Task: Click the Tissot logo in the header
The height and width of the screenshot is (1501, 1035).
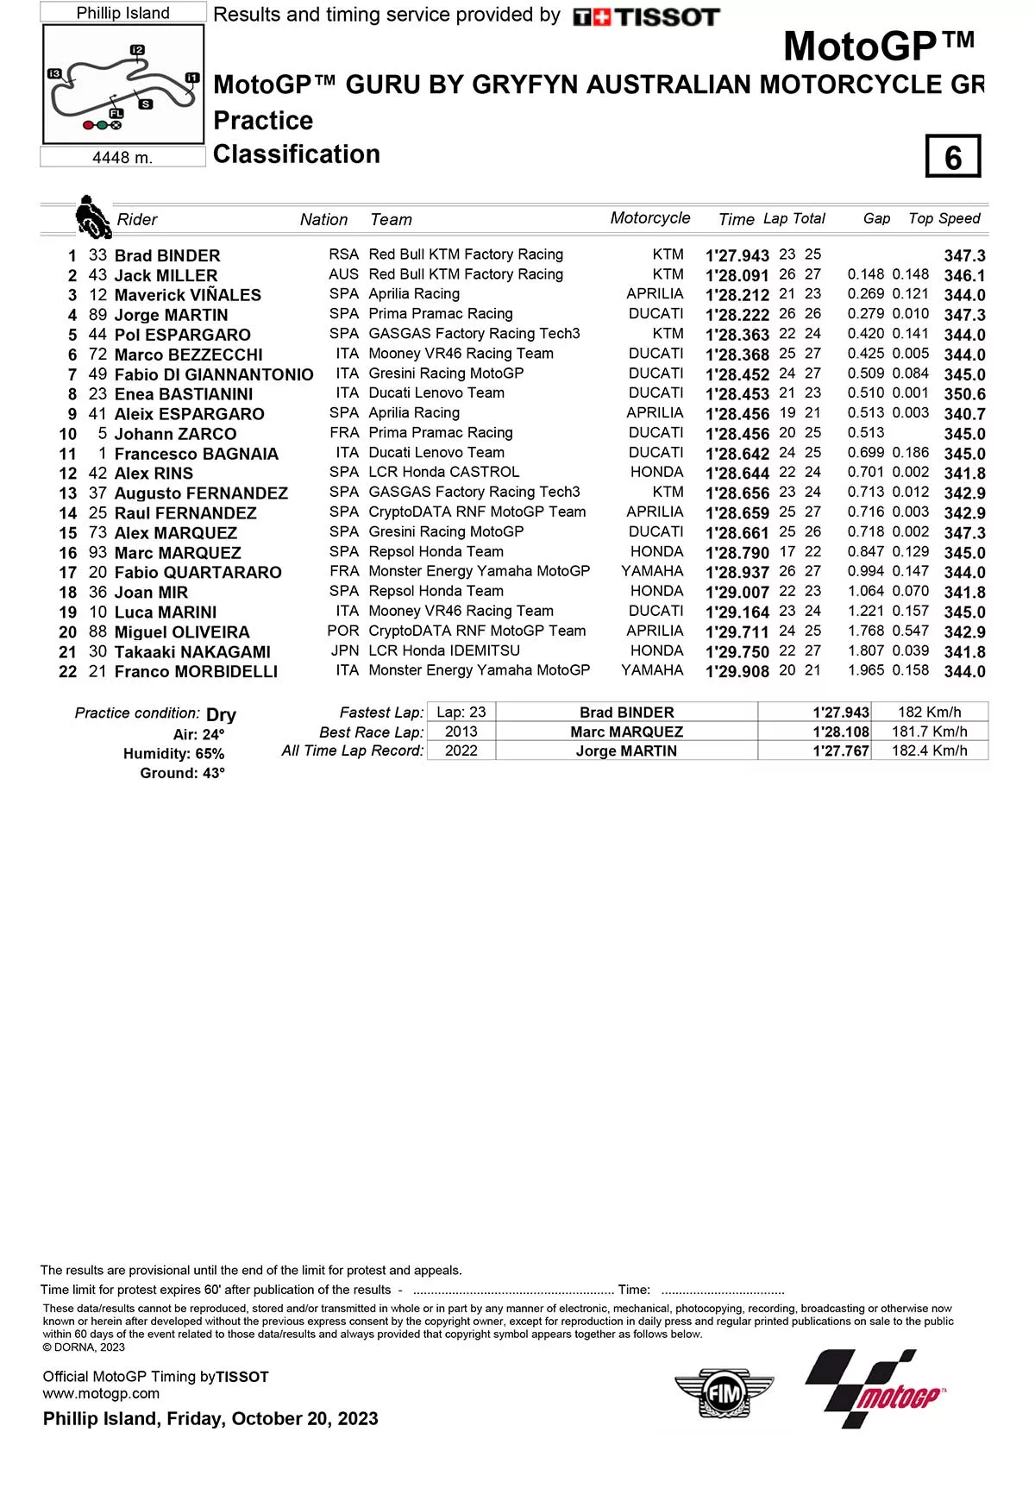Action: pyautogui.click(x=646, y=17)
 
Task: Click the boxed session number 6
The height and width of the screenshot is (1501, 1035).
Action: pyautogui.click(x=952, y=157)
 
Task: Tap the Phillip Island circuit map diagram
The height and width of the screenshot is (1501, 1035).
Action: pyautogui.click(x=123, y=84)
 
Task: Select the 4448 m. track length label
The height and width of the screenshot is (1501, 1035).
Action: pyautogui.click(x=122, y=158)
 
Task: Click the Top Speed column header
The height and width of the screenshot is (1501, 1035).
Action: pyautogui.click(x=944, y=219)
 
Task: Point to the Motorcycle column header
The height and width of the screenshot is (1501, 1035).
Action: pyautogui.click(x=650, y=218)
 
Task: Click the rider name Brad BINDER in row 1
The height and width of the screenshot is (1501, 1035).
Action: pyautogui.click(x=167, y=256)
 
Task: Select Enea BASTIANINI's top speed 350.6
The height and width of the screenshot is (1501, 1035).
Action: pyautogui.click(x=964, y=394)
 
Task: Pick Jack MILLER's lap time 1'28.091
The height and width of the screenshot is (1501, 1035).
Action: pyautogui.click(x=737, y=276)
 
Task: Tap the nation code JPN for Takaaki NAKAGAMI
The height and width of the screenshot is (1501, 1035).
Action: pyautogui.click(x=345, y=651)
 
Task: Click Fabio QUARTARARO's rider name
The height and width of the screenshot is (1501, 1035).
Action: pyautogui.click(x=198, y=573)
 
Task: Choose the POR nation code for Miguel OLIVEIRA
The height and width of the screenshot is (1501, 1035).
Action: pyautogui.click(x=343, y=631)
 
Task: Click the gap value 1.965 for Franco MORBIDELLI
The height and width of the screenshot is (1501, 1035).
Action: pyautogui.click(x=866, y=671)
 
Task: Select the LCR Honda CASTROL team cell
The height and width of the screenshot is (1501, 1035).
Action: pyautogui.click(x=443, y=473)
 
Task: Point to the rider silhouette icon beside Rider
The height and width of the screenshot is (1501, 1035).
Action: pyautogui.click(x=92, y=217)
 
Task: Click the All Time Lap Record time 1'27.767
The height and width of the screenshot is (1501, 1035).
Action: pyautogui.click(x=840, y=751)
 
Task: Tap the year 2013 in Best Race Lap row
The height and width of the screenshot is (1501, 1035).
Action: pyautogui.click(x=461, y=732)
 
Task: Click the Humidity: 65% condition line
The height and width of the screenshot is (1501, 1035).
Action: pyautogui.click(x=173, y=754)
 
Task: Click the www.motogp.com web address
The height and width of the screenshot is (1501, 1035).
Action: pyautogui.click(x=101, y=1393)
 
